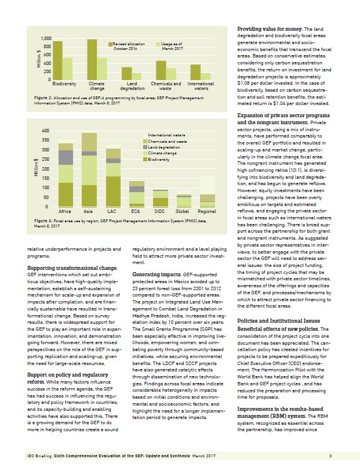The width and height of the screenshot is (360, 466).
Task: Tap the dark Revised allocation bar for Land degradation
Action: coord(126,73)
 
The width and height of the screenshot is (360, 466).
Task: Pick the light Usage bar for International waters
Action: coord(206,76)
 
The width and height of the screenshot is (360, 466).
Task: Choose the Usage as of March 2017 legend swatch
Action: coord(159,44)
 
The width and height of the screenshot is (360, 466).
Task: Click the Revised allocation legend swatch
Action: coord(111,44)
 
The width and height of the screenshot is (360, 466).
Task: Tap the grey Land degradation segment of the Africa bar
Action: coord(66,157)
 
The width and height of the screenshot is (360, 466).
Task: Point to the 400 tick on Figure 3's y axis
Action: coord(45,131)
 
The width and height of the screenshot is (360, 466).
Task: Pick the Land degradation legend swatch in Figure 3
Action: coord(145,147)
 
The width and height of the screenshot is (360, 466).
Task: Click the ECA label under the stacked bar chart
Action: coord(136,212)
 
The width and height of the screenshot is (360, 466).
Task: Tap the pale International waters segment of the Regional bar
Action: coord(207,185)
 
